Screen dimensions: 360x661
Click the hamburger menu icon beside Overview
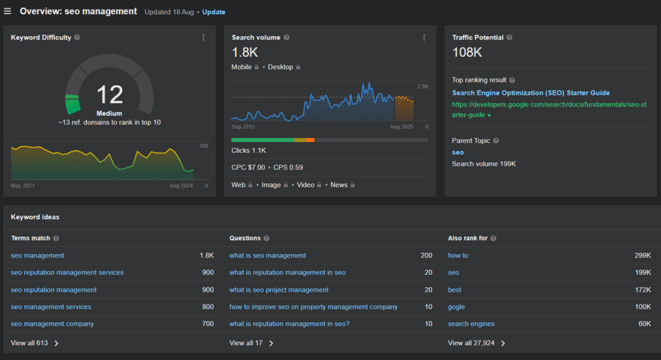click(x=8, y=11)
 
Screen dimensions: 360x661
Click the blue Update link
click(x=214, y=12)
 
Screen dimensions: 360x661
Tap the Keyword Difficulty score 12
click(x=110, y=95)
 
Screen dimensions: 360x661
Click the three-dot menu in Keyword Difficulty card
click(x=203, y=37)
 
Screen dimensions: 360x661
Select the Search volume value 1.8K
click(x=245, y=52)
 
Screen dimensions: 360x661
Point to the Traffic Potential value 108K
click(x=467, y=52)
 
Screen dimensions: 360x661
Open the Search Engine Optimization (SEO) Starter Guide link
click(x=531, y=93)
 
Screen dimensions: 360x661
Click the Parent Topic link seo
click(x=458, y=152)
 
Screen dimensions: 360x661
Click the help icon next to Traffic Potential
click(x=509, y=37)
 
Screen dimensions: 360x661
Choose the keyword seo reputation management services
click(x=67, y=272)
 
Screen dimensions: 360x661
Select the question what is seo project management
click(x=279, y=290)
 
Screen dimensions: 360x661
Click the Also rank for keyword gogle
click(x=456, y=307)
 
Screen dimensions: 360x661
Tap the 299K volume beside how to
click(x=642, y=255)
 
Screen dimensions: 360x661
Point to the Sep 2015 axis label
click(x=243, y=127)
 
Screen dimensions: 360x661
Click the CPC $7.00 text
click(x=248, y=168)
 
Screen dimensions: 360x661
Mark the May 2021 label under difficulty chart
click(x=23, y=186)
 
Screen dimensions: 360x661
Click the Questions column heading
click(x=245, y=238)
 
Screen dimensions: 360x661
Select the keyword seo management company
click(x=52, y=324)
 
